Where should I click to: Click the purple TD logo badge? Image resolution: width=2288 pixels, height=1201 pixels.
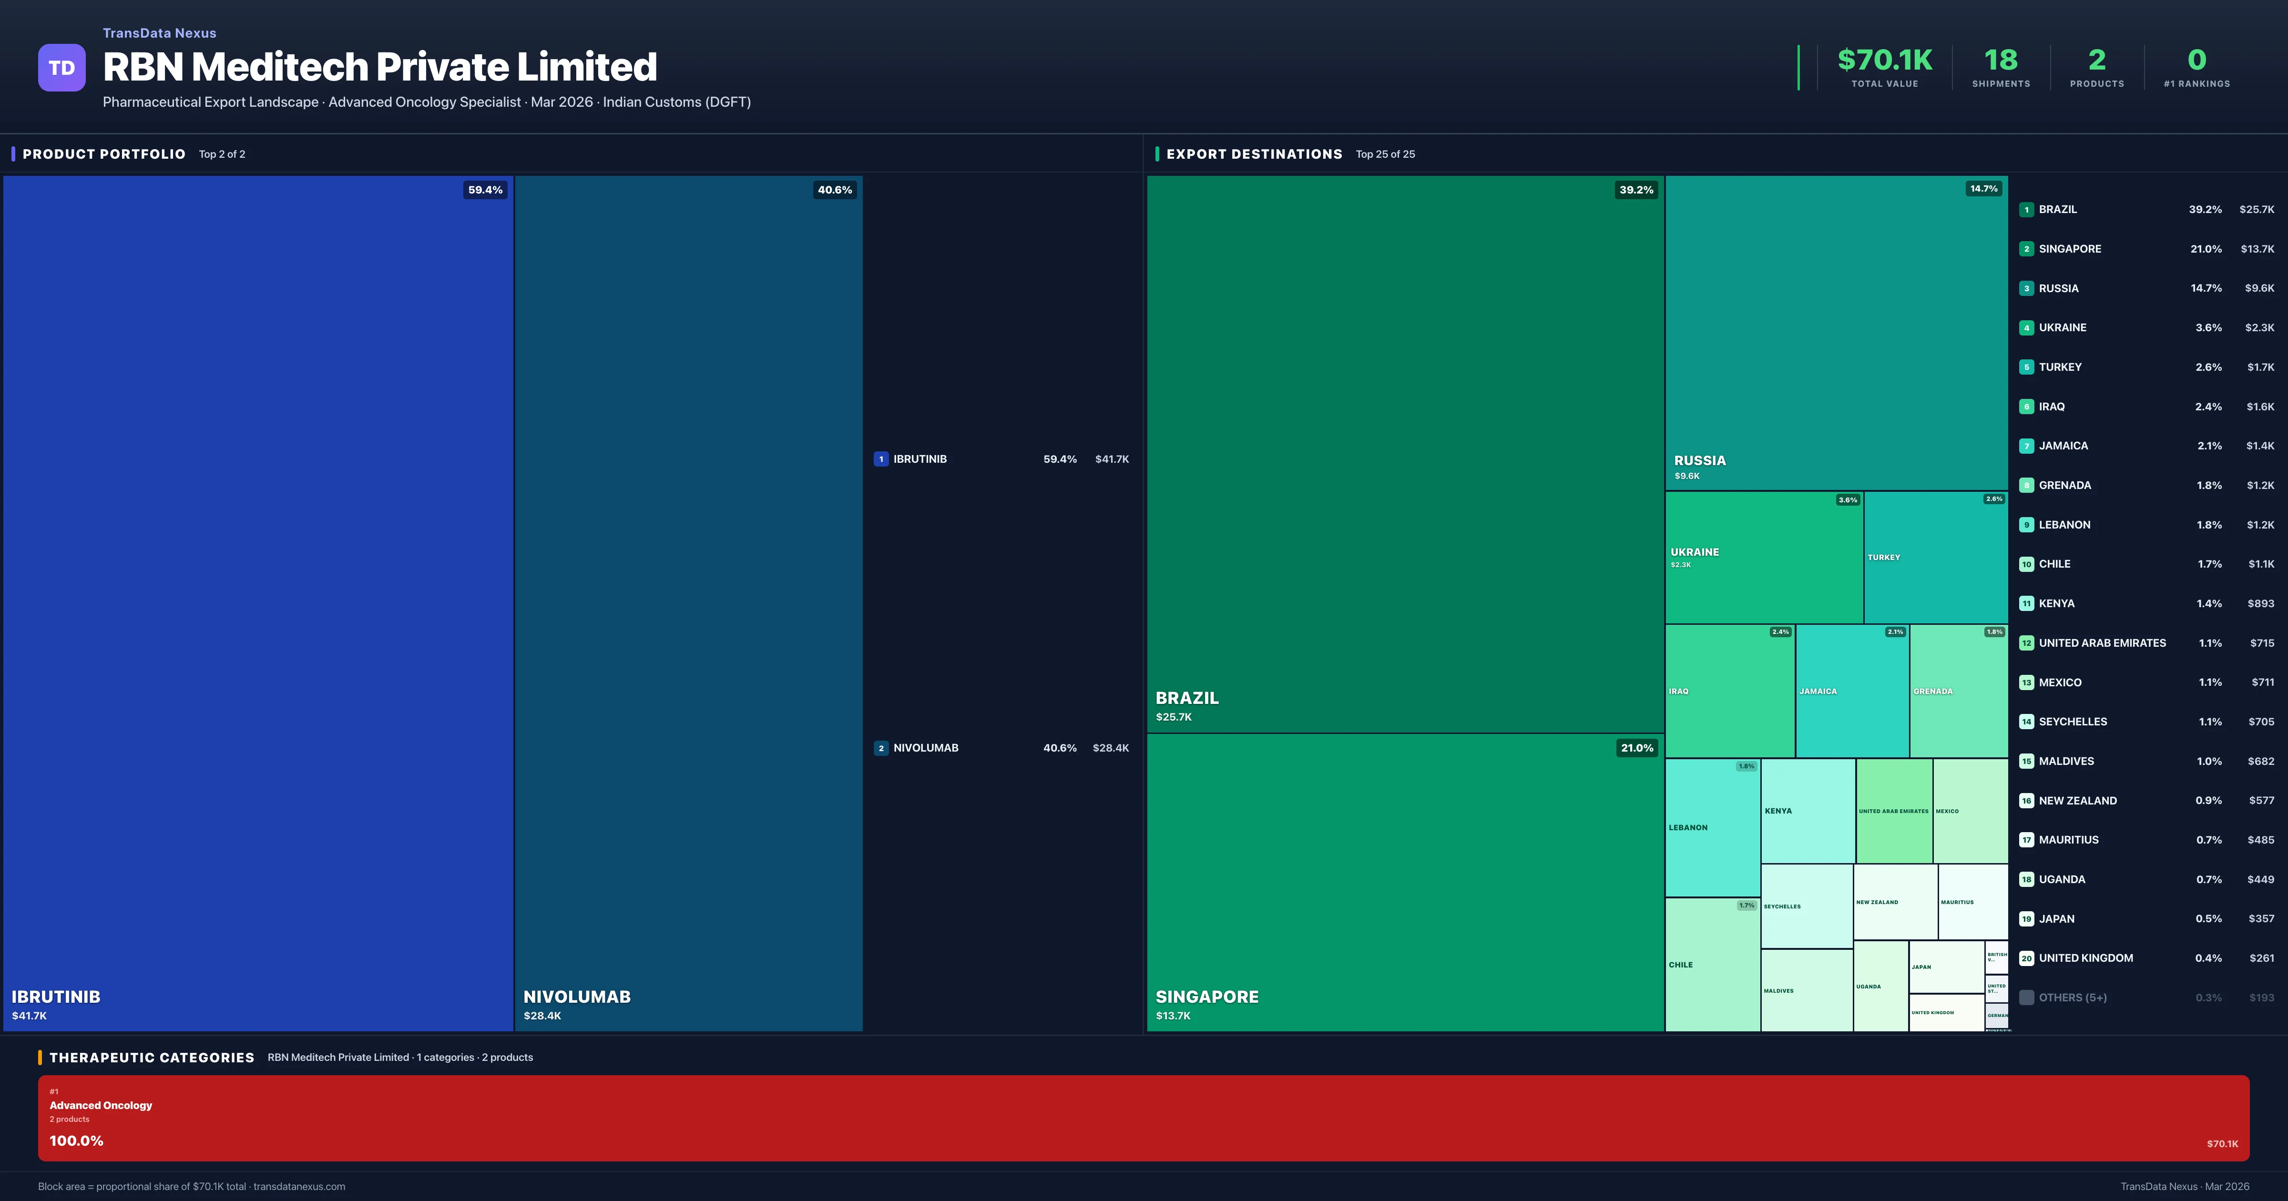pos(61,68)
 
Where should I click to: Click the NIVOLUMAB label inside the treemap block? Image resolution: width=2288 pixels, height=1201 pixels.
pos(576,997)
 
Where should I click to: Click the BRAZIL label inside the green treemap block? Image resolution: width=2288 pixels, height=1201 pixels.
pos(1186,698)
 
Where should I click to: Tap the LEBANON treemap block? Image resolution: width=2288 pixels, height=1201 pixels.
pos(1712,827)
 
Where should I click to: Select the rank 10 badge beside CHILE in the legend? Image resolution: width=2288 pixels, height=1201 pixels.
pos(2026,564)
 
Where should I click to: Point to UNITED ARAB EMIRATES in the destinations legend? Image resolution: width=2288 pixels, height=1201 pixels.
pos(2102,643)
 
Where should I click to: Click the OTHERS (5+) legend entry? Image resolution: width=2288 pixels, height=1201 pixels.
pos(2072,997)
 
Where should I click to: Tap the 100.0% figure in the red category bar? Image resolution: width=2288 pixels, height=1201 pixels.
pos(76,1140)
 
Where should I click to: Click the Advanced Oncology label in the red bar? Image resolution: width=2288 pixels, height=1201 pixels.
pos(101,1105)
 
